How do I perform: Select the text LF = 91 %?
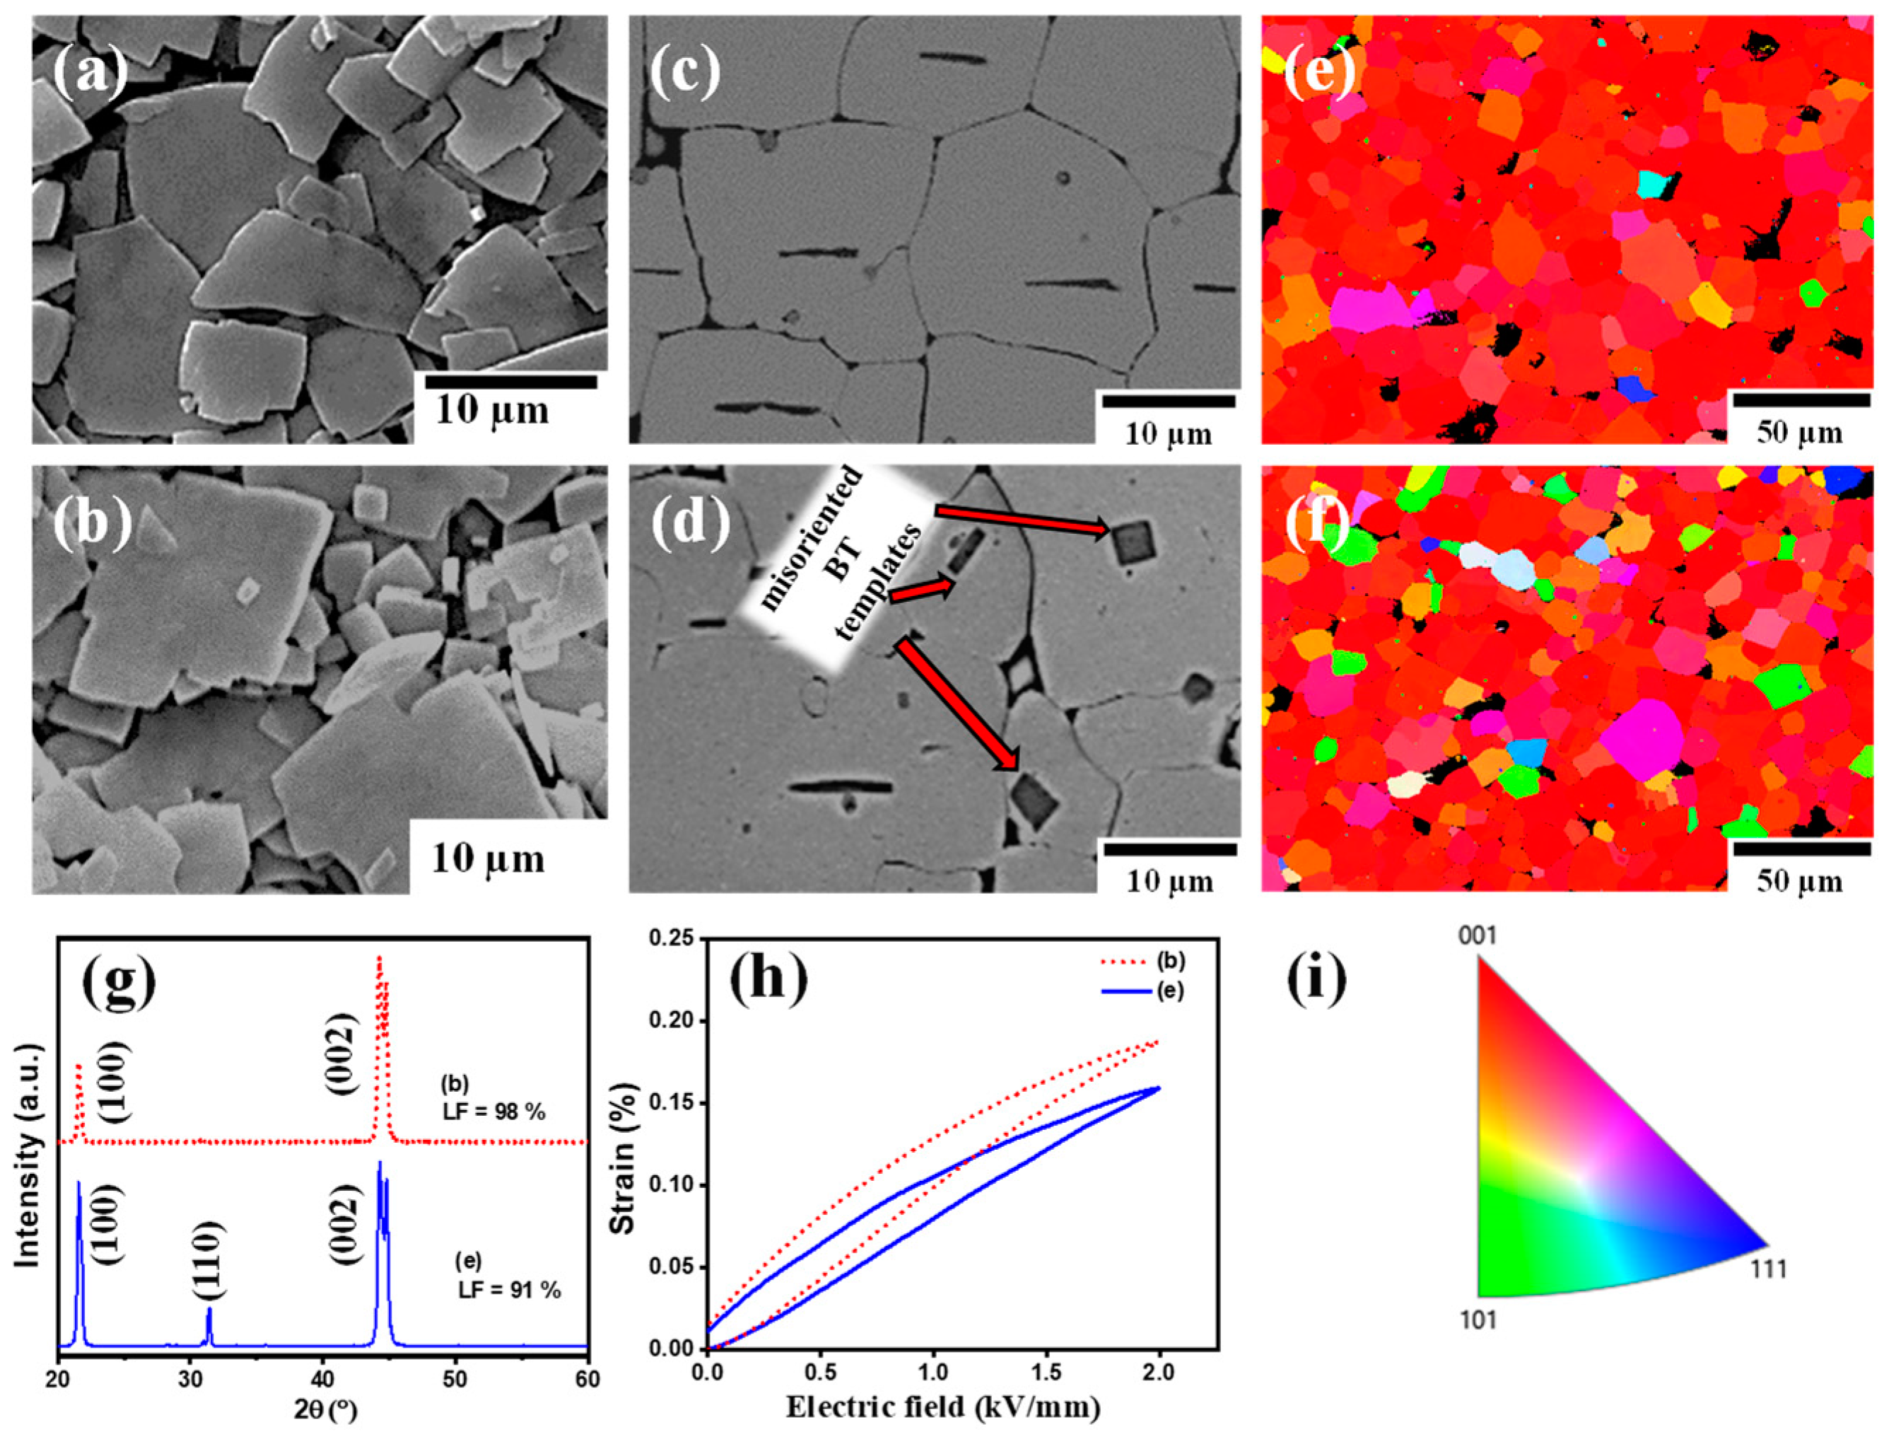click(509, 1290)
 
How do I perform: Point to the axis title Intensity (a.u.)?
click(29, 1158)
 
